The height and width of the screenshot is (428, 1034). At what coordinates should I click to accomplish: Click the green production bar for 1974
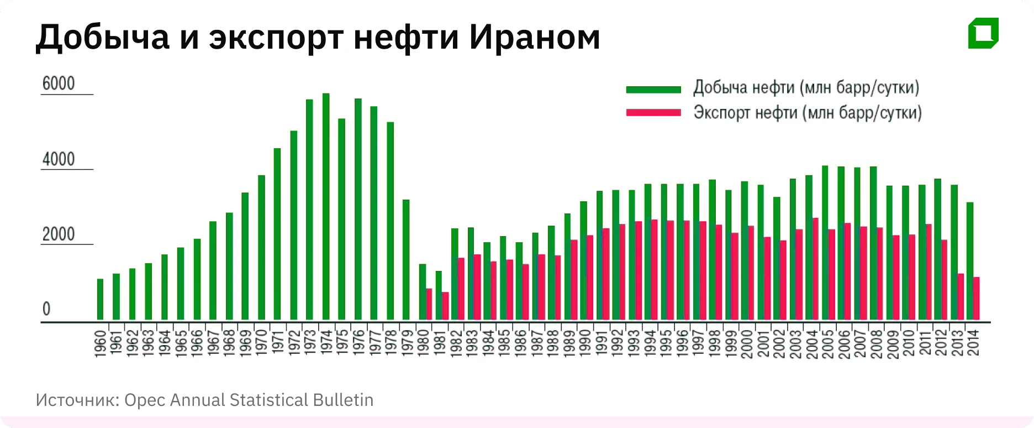pyautogui.click(x=326, y=207)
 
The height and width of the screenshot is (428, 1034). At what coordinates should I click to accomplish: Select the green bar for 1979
pyautogui.click(x=406, y=260)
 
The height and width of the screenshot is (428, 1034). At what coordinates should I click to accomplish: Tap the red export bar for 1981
pyautogui.click(x=445, y=306)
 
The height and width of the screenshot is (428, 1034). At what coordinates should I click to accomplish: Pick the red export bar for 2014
pyautogui.click(x=976, y=299)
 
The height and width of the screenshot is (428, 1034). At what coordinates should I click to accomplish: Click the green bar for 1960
pyautogui.click(x=100, y=299)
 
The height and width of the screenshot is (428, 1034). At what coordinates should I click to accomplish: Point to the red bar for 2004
pyautogui.click(x=815, y=269)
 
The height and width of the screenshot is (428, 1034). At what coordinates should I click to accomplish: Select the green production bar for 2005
pyautogui.click(x=825, y=243)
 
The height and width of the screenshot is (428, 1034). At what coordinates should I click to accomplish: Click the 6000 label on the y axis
pyautogui.click(x=59, y=84)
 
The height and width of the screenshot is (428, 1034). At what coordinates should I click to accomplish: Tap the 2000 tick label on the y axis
pyautogui.click(x=59, y=234)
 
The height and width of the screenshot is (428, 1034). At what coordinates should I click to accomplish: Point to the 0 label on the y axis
pyautogui.click(x=46, y=309)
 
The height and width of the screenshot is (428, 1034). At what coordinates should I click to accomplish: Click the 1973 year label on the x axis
pyautogui.click(x=310, y=343)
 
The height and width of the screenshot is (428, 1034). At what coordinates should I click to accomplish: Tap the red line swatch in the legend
pyautogui.click(x=653, y=113)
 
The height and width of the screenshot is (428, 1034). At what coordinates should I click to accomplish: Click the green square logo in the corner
pyautogui.click(x=983, y=33)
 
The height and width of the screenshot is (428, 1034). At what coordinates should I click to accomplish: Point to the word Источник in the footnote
pyautogui.click(x=77, y=400)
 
